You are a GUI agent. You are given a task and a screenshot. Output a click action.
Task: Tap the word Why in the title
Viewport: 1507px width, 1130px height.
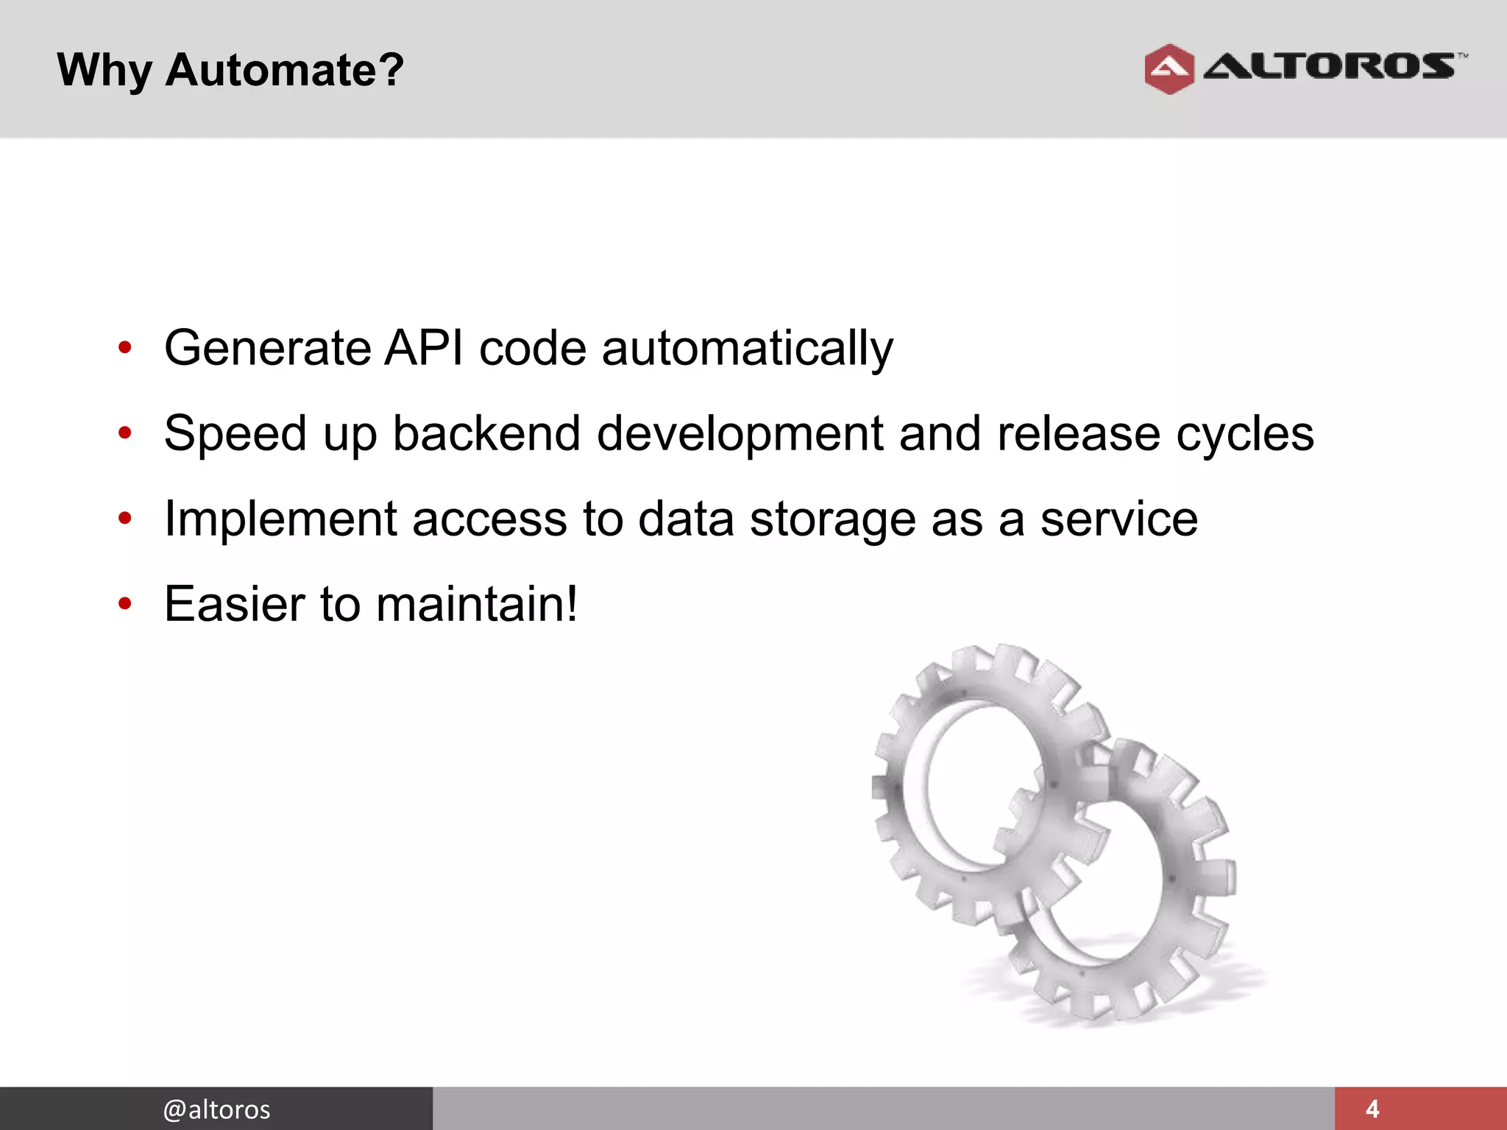(x=104, y=71)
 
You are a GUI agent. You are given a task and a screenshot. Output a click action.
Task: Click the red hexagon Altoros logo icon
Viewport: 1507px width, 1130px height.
(x=1169, y=69)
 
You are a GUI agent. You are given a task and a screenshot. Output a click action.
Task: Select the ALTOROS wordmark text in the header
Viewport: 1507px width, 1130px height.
(x=1330, y=66)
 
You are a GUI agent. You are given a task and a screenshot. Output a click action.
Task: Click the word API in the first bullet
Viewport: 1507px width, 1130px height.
(x=424, y=347)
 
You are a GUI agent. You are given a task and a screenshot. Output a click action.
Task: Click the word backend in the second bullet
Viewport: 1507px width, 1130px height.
(x=486, y=433)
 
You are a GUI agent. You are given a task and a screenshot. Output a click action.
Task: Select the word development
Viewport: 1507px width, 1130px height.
(x=740, y=434)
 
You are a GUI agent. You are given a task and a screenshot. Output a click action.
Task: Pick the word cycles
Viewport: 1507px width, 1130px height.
(x=1244, y=434)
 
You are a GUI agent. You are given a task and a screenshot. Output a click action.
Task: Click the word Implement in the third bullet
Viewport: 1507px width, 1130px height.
(x=280, y=519)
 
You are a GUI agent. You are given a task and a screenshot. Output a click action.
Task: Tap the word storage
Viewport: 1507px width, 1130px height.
(x=832, y=519)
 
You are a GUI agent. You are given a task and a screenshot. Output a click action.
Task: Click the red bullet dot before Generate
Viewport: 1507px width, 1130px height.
(x=125, y=347)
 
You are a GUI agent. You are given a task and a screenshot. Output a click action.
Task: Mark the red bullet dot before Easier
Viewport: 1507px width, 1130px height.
(x=125, y=604)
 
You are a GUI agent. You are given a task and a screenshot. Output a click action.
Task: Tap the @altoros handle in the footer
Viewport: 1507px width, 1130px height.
(x=216, y=1109)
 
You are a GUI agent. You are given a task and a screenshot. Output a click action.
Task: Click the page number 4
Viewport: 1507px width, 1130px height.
(x=1372, y=1109)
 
